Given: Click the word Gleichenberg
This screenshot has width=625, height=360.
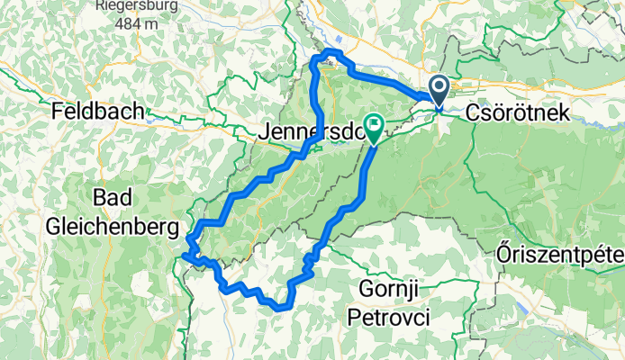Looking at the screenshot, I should (116, 221).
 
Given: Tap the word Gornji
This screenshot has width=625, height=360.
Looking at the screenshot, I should (389, 290).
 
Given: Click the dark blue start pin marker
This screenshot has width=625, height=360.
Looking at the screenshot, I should (439, 90).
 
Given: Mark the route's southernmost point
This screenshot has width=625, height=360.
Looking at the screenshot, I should (280, 308).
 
